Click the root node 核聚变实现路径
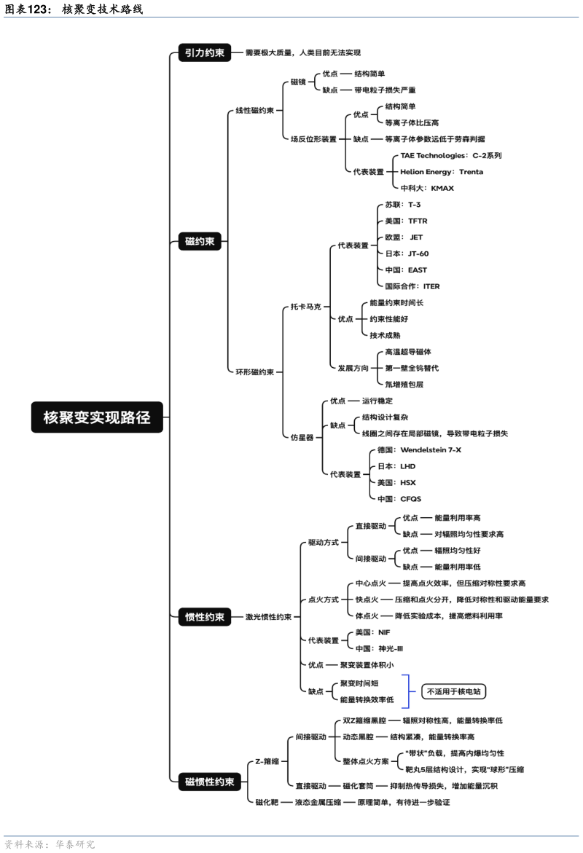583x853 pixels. click(97, 417)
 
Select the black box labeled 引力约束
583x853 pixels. click(205, 52)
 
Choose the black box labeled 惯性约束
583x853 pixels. click(205, 617)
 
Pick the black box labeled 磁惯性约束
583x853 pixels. click(210, 782)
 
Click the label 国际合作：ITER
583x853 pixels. click(412, 286)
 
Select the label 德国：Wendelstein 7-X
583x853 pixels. click(419, 450)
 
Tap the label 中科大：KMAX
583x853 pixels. click(427, 188)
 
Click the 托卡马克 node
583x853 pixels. click(305, 307)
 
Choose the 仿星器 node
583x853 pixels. click(302, 437)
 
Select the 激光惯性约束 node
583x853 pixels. click(268, 617)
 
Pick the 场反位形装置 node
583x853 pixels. click(313, 139)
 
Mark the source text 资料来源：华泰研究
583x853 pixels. click(50, 845)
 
